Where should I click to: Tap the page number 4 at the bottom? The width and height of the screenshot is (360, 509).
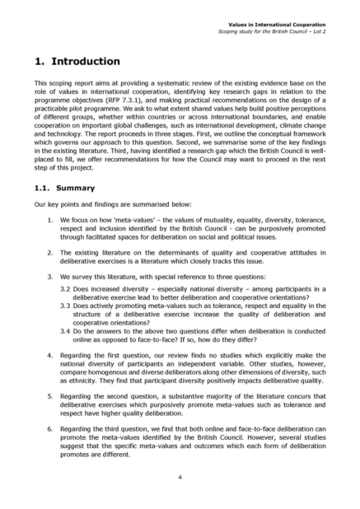(x=180, y=476)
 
